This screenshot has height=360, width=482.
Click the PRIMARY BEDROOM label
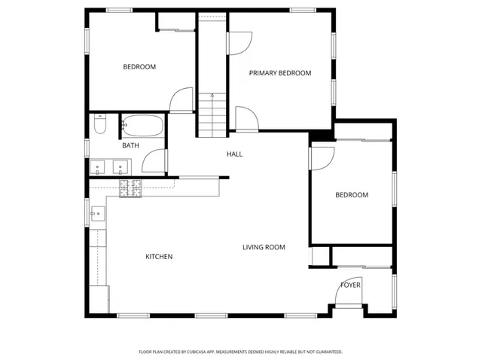pos(280,73)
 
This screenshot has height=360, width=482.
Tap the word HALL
pos(234,154)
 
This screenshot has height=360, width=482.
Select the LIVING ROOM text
pos(264,247)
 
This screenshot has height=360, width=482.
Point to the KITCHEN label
pos(159,257)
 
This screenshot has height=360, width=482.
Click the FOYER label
pos(350,285)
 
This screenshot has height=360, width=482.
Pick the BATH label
pos(130,145)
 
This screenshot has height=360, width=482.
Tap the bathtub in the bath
pos(142,124)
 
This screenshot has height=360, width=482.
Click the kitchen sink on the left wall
pos(96,214)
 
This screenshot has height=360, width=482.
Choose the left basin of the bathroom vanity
pos(98,167)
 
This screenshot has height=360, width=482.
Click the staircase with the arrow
pos(212,111)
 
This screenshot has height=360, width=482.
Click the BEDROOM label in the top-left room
pos(139,67)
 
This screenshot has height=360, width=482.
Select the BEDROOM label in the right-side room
pos(352,195)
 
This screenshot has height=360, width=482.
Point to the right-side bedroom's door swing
pos(322,157)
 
